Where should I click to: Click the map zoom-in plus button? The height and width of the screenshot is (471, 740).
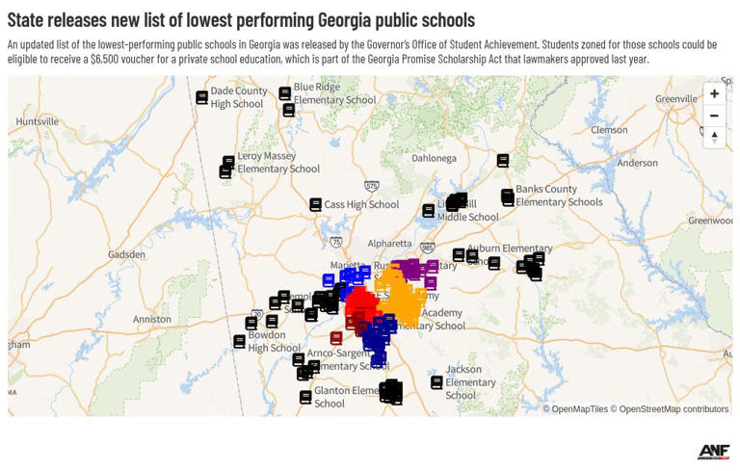point(714,93)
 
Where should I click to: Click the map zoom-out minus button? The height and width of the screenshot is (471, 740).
point(714,116)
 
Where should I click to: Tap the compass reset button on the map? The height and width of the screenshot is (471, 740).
point(714,137)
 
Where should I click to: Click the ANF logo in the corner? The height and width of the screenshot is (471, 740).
point(713,451)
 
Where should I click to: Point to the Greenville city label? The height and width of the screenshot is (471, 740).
point(676,99)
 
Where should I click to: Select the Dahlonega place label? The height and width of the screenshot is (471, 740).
point(434,159)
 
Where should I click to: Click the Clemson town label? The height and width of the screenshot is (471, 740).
point(609,130)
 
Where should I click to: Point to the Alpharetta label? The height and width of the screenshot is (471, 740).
point(389,245)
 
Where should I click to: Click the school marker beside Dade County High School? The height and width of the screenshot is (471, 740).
point(201,97)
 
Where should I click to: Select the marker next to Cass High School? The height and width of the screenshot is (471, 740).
point(315,204)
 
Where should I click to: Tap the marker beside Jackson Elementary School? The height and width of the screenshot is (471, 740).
point(436,382)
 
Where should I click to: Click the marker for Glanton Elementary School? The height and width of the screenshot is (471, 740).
point(305,397)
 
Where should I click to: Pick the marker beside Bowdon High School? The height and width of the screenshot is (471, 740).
point(239,342)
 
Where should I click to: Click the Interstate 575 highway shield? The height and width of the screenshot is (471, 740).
point(372,187)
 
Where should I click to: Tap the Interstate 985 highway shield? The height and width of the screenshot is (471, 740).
point(427,248)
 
